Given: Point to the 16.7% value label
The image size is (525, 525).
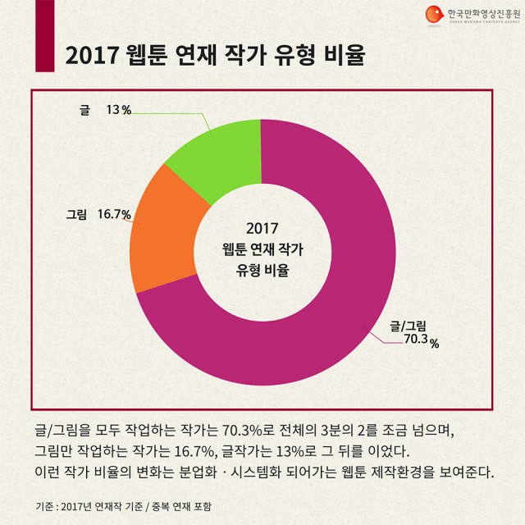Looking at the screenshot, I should click(x=115, y=215).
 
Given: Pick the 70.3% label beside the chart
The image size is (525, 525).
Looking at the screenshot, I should click(x=421, y=343).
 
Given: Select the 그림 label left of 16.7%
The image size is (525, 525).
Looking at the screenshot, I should click(x=76, y=215).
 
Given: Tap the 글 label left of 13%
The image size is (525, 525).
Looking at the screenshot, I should click(x=84, y=111).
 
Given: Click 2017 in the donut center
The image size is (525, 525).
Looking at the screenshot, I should click(x=262, y=227).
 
